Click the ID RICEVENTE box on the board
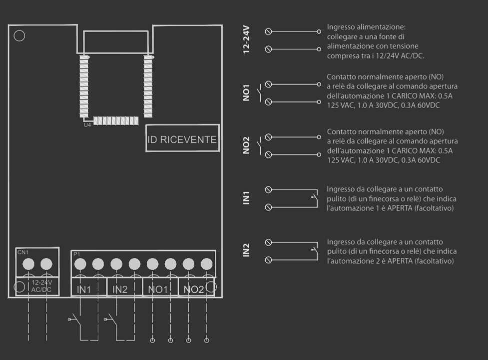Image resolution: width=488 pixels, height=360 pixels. [x=182, y=138]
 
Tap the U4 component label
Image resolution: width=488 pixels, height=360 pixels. [x=87, y=125]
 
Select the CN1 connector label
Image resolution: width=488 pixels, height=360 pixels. [x=22, y=252]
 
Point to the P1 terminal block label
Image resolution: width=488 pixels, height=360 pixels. [x=76, y=254]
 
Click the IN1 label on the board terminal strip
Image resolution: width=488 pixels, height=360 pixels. [x=84, y=290]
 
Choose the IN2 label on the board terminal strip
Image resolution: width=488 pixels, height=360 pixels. [x=120, y=290]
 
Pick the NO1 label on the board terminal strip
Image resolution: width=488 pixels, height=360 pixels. [x=158, y=290]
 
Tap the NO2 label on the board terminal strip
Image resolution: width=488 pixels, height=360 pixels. [x=194, y=290]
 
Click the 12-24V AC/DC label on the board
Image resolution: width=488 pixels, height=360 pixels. [x=41, y=286]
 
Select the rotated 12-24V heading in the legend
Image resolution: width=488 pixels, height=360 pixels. [x=246, y=40]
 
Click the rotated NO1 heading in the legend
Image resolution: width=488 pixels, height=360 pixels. [x=246, y=93]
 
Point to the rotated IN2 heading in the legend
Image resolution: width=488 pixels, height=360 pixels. [x=246, y=250]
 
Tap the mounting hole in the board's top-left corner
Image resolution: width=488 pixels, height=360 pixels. [x=19, y=36]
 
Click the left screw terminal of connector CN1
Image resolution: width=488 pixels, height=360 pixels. [x=28, y=264]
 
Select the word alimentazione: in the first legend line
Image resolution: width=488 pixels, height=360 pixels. [x=388, y=27]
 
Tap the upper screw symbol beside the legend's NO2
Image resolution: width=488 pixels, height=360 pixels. [x=268, y=137]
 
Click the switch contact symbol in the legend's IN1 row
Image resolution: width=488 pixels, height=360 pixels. [x=315, y=198]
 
